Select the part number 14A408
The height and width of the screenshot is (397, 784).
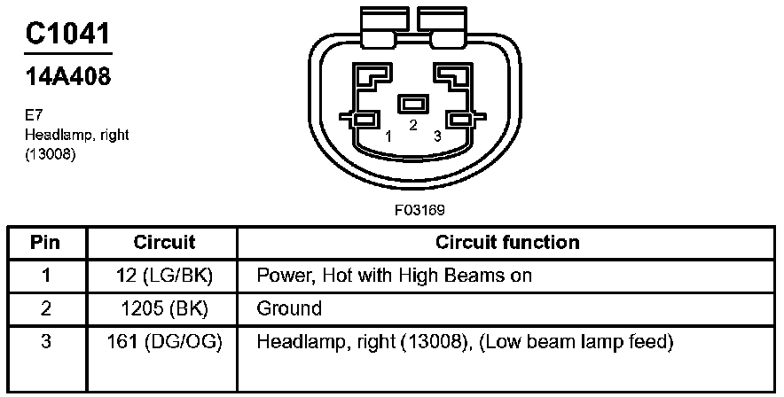coord(67,77)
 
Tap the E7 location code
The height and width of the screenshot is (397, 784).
coord(33,115)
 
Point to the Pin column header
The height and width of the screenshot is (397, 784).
coord(45,242)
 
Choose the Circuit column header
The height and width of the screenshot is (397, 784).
coord(164,242)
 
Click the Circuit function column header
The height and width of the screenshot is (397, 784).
coord(507,242)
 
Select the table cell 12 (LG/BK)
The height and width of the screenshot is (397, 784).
coord(164,276)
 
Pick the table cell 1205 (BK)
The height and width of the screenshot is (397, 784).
coord(164,309)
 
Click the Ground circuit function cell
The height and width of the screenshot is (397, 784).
coord(289,309)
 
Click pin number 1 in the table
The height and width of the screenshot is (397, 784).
coord(45,276)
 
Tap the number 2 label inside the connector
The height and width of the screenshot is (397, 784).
coord(412,126)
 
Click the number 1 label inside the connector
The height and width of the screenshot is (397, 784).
coord(388,136)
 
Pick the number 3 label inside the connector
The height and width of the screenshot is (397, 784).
coord(437,136)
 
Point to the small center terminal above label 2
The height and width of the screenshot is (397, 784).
coord(412,104)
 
